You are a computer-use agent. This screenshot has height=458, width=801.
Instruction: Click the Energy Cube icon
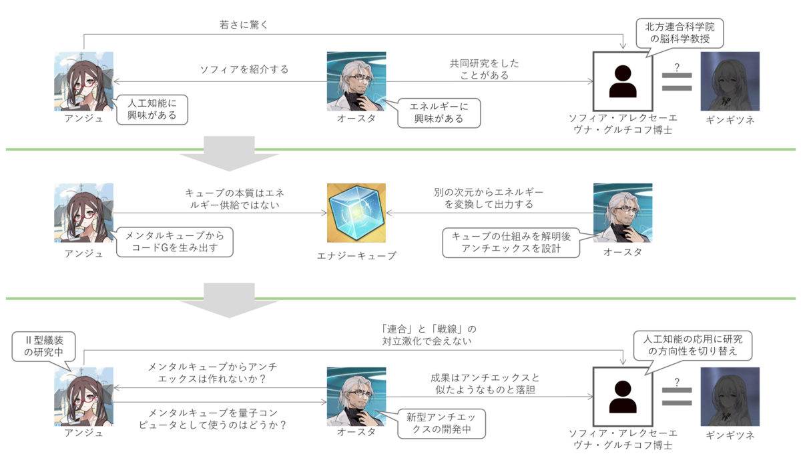coord(356,213)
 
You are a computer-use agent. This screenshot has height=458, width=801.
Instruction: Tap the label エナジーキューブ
coord(356,255)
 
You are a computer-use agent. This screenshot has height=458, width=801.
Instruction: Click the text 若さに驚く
coord(244,25)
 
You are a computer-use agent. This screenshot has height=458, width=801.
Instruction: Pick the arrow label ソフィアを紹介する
coord(244,69)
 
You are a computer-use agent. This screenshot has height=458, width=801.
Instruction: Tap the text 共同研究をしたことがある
coord(484,69)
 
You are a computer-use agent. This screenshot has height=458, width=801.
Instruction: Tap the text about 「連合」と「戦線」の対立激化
coord(425,335)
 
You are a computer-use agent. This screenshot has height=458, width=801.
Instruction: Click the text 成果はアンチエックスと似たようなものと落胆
coord(484,383)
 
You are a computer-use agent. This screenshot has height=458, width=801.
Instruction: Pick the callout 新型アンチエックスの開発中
coord(439,423)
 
